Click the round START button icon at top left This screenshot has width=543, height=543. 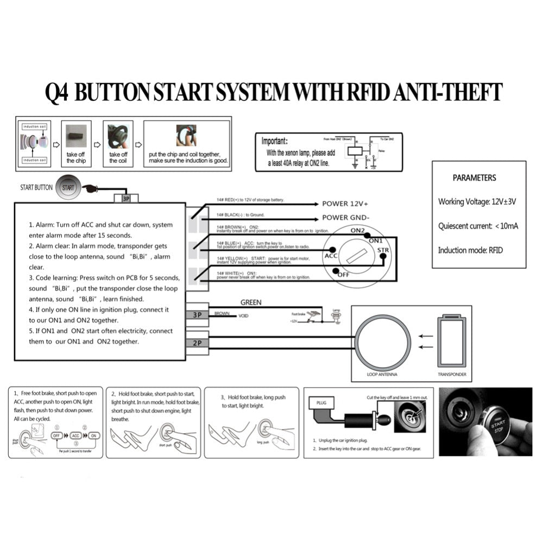click(68, 187)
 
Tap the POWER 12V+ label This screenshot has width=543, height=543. click(345, 204)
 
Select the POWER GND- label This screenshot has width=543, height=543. click(345, 217)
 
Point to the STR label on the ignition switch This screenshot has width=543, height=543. click(383, 250)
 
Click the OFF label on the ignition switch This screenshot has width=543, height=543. click(343, 275)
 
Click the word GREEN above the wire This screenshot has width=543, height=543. click(250, 302)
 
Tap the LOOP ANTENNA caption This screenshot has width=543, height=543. click(382, 375)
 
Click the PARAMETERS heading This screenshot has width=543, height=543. click(474, 178)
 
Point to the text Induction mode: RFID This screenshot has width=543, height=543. click(470, 250)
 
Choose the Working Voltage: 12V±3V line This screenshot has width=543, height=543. click(477, 201)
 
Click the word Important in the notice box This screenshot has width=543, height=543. click(278, 141)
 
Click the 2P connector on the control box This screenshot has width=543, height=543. click(197, 343)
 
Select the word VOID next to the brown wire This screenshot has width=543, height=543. click(243, 315)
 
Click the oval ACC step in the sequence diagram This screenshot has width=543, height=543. click(75, 436)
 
